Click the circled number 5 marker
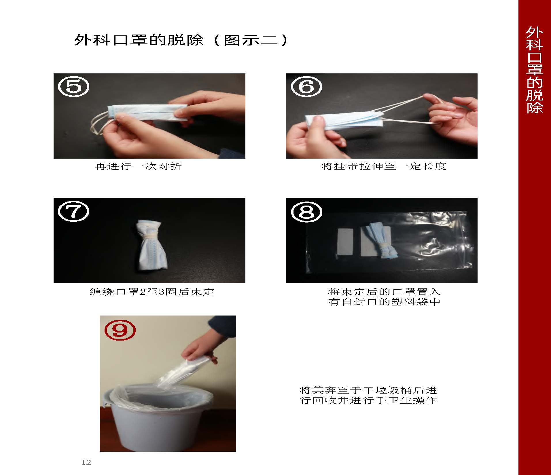74,87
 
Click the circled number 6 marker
306,87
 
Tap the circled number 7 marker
74,212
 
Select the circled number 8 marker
306,212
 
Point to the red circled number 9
120,330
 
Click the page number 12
86,462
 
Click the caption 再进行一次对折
138,166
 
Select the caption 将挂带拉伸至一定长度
384,166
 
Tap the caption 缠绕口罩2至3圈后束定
152,292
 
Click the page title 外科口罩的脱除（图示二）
181,40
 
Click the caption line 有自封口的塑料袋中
384,302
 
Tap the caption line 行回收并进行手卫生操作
368,400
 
